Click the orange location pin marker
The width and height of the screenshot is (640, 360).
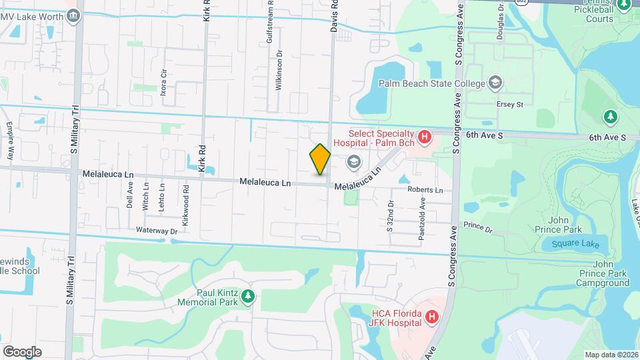pyautogui.click(x=320, y=159)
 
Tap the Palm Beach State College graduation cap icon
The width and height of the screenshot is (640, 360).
pyautogui.click(x=495, y=83)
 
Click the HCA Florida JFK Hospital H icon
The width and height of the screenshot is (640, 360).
pyautogui.click(x=431, y=317)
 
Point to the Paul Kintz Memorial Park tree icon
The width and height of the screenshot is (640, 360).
pyautogui.click(x=249, y=295)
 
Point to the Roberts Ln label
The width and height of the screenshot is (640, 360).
pyautogui.click(x=425, y=190)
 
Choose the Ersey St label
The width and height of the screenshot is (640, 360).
pyautogui.click(x=510, y=105)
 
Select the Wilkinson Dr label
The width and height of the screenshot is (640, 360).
pyautogui.click(x=280, y=73)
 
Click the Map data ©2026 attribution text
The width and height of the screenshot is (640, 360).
pyautogui.click(x=611, y=355)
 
